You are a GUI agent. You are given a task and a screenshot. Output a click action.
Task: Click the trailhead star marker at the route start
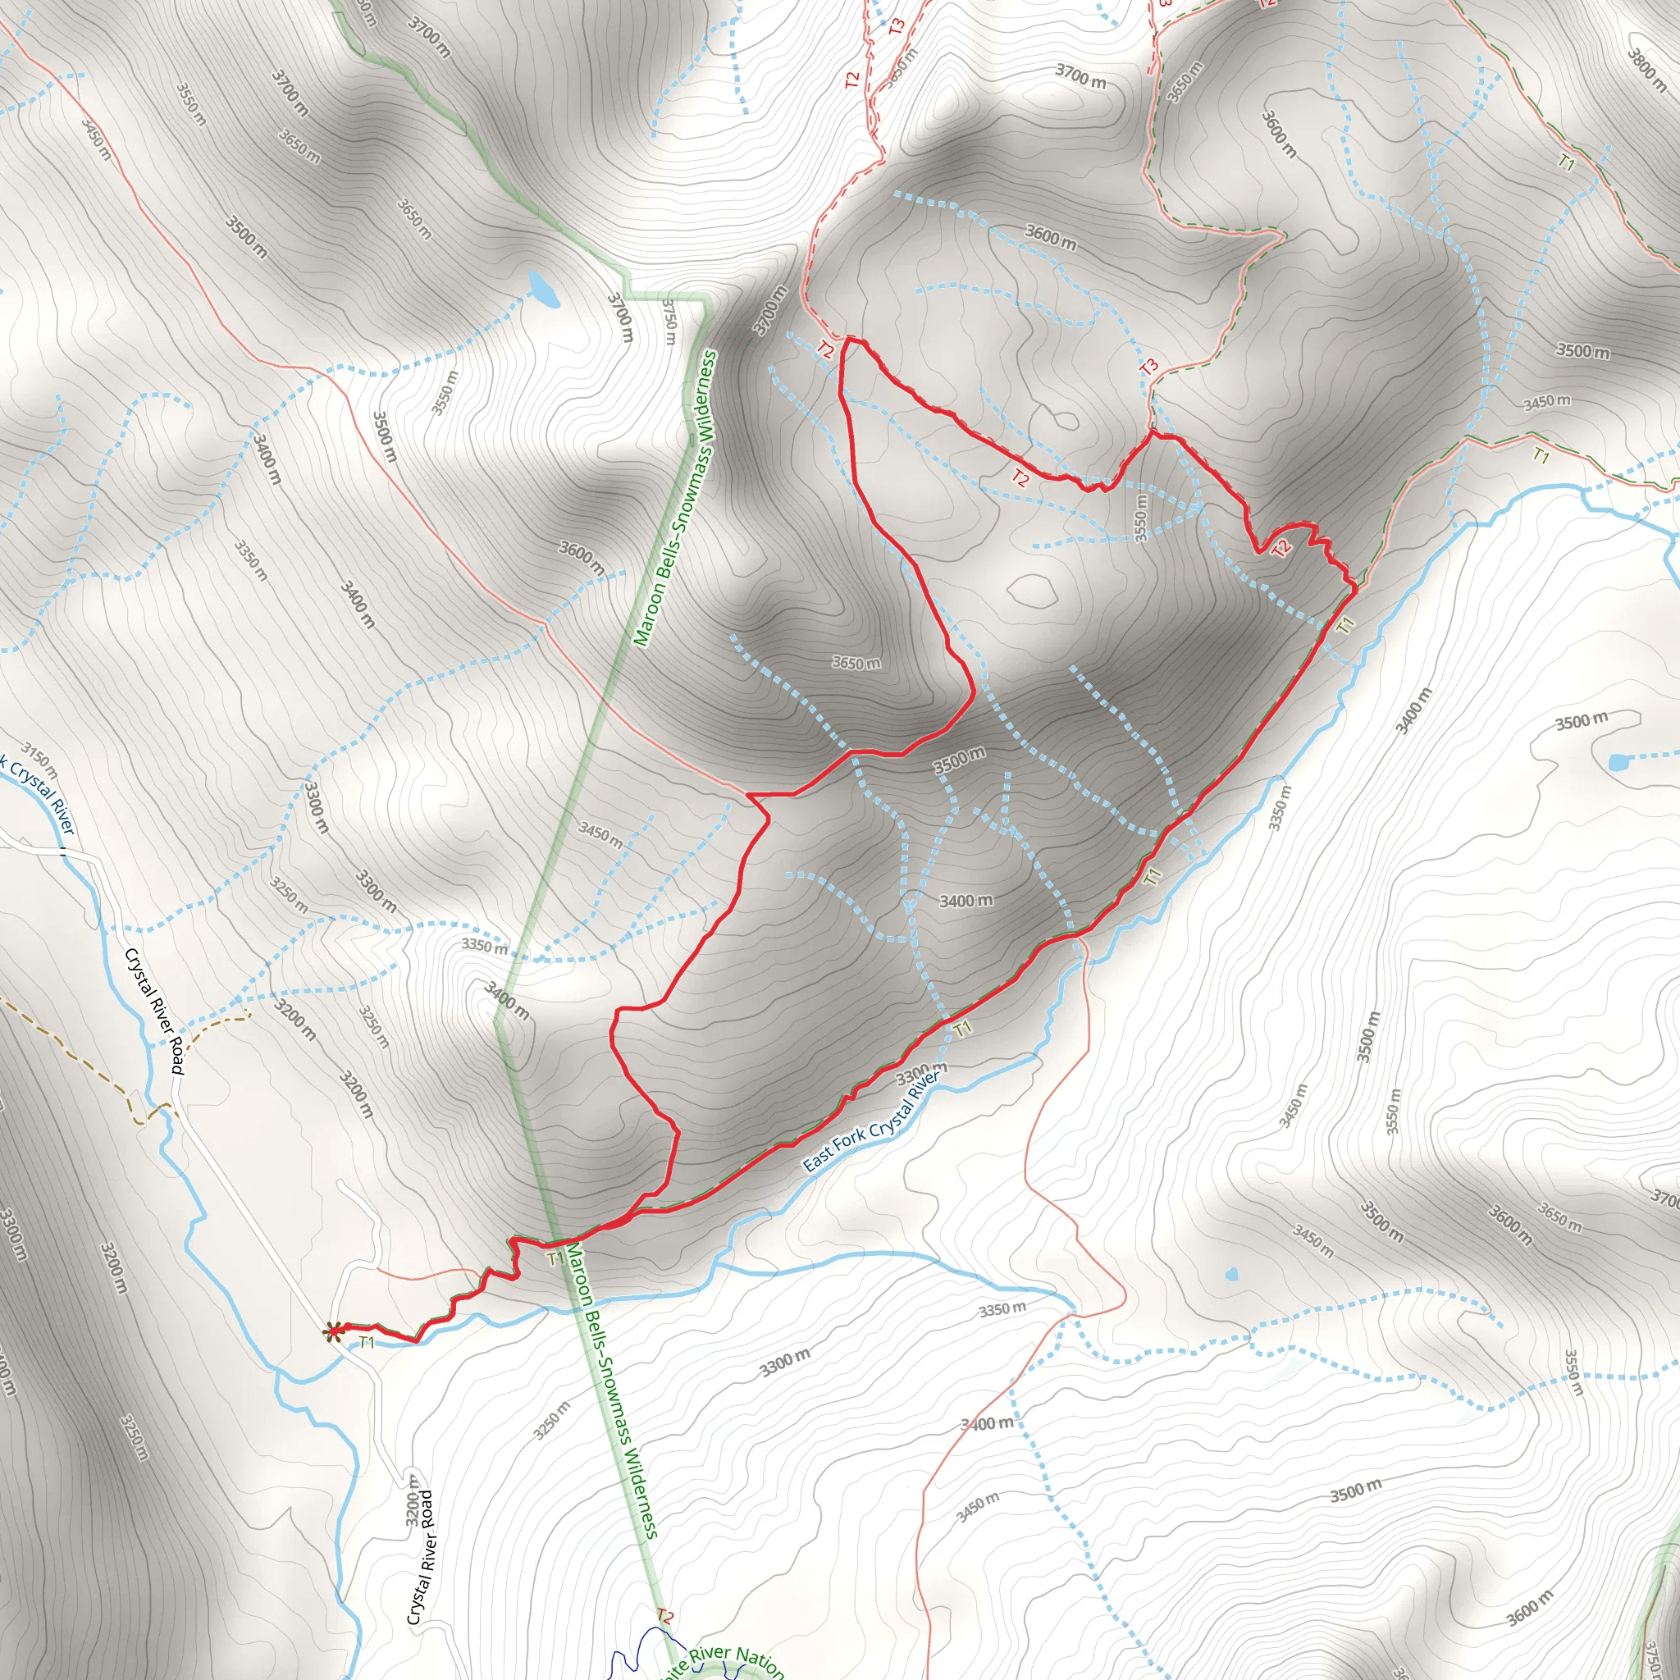tap(332, 1331)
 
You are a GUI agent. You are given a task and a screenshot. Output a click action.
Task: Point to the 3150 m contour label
tap(40, 759)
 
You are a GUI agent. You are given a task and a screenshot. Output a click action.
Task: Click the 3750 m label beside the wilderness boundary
tap(668, 321)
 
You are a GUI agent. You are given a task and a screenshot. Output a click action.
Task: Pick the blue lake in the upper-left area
tap(542, 288)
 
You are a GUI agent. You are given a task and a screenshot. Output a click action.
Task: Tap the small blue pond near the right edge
tap(1619, 763)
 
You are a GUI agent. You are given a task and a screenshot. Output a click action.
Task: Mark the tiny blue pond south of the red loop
tap(1231, 1276)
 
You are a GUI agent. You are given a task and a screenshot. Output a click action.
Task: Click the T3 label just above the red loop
tap(1148, 366)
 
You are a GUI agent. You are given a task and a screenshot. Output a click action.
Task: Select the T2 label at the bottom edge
tap(664, 1617)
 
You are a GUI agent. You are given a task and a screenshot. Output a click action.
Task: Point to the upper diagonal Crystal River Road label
tap(155, 1011)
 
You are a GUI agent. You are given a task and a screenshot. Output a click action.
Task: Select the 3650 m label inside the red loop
tap(856, 663)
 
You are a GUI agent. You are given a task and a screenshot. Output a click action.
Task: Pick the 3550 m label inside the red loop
tap(1141, 518)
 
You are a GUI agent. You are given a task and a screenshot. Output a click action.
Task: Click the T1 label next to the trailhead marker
tap(366, 1343)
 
